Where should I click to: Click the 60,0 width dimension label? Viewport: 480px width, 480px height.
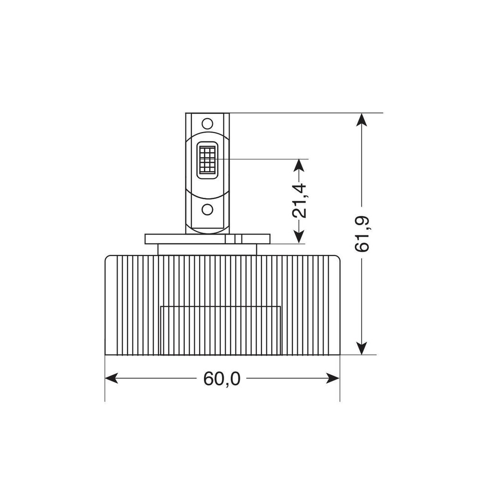(x=222, y=379)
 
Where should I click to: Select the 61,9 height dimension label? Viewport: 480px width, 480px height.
(x=362, y=234)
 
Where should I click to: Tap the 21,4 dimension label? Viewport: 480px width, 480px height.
(x=299, y=201)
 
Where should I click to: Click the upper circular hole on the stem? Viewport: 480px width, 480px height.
(x=207, y=123)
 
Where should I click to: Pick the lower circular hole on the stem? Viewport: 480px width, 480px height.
(x=207, y=209)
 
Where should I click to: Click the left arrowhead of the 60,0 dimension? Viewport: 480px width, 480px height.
(x=111, y=378)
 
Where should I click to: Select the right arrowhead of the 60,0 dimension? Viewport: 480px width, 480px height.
(x=333, y=378)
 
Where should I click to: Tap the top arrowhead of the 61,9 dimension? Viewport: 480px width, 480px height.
(x=362, y=120)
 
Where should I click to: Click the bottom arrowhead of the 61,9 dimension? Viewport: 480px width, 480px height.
(x=362, y=348)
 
